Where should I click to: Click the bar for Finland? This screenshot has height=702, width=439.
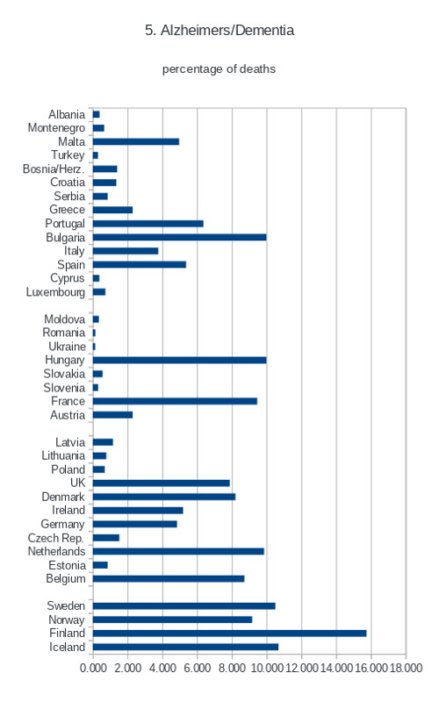(x=229, y=633)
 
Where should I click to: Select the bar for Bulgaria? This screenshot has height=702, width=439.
(x=180, y=237)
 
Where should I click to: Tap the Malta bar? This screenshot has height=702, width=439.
(x=136, y=141)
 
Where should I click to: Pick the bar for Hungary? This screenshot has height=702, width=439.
(x=180, y=360)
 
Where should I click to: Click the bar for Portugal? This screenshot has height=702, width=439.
(x=148, y=224)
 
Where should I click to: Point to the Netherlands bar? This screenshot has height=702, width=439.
(x=178, y=551)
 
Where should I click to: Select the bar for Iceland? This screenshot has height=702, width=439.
(x=185, y=647)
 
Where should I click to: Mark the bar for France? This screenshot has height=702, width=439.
(x=175, y=401)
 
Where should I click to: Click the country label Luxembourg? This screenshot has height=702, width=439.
(x=55, y=292)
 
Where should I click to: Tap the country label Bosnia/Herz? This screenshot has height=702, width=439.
(x=54, y=168)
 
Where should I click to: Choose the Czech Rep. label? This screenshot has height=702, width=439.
(x=56, y=538)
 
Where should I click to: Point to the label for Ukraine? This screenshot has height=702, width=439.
(x=67, y=347)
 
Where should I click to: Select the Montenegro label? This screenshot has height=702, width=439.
(x=56, y=128)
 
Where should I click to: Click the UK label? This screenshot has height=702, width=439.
(x=77, y=483)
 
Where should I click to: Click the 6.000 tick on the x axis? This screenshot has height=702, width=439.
(x=197, y=668)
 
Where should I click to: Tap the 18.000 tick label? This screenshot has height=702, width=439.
(x=406, y=668)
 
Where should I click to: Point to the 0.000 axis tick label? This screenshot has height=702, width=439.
(x=93, y=668)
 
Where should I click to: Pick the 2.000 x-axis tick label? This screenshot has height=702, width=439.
(x=127, y=668)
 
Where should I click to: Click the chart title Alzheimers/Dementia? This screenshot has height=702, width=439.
(x=227, y=31)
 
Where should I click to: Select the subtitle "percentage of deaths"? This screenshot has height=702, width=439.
(x=219, y=69)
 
